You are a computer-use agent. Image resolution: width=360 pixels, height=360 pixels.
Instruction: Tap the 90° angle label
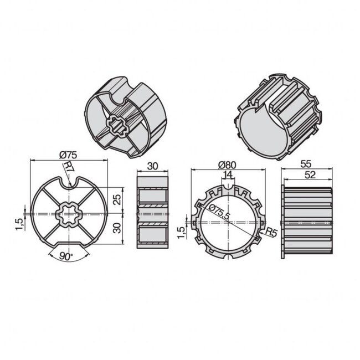click(x=66, y=258)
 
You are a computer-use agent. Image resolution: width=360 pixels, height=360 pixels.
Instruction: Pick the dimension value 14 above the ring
click(x=227, y=176)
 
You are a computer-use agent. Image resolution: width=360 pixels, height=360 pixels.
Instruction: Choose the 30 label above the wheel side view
click(x=152, y=165)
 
